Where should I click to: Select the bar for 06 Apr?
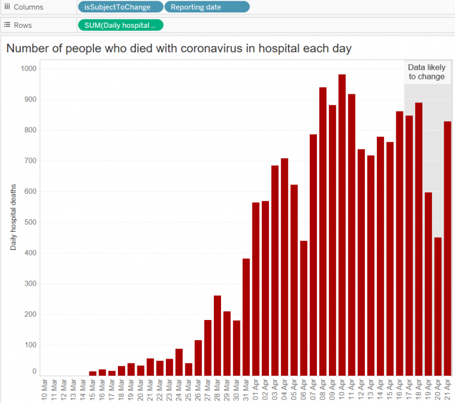(x=304, y=308)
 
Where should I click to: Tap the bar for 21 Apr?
(x=447, y=249)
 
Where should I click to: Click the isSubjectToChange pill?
(x=120, y=7)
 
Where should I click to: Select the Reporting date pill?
(x=207, y=7)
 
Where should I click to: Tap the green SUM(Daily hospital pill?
(x=120, y=25)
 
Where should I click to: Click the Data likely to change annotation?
(x=427, y=72)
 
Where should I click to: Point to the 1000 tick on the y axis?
(x=27, y=69)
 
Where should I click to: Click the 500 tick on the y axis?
(x=30, y=222)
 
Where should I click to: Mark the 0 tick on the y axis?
(x=34, y=372)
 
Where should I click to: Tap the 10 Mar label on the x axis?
(x=45, y=389)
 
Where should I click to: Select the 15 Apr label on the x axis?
(x=390, y=389)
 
